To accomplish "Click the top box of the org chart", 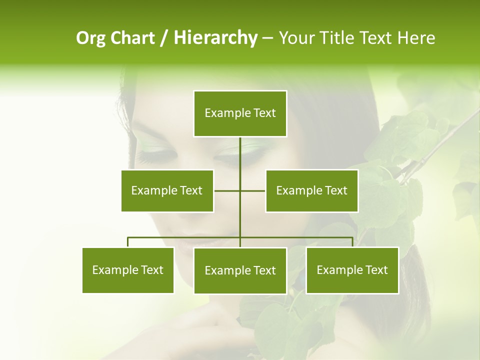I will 240,113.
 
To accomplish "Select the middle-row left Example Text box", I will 167,190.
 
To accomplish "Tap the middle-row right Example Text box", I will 311,190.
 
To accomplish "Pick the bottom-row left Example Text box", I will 128,270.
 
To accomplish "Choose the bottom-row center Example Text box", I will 240,270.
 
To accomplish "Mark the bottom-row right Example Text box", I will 352,270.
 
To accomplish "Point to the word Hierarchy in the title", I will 215,38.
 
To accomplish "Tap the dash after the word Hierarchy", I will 267,38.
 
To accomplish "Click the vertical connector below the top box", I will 240,155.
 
